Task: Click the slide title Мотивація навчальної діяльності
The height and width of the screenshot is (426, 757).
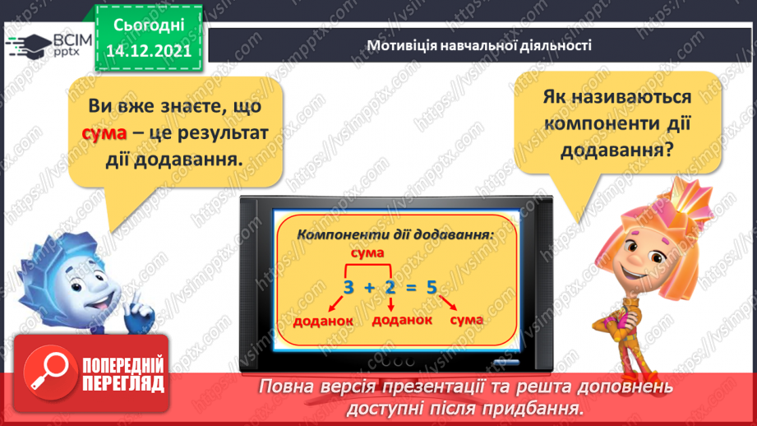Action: point(479,45)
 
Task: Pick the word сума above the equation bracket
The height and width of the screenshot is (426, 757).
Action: point(367,252)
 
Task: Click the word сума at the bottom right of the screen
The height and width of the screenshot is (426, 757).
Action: point(467,318)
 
